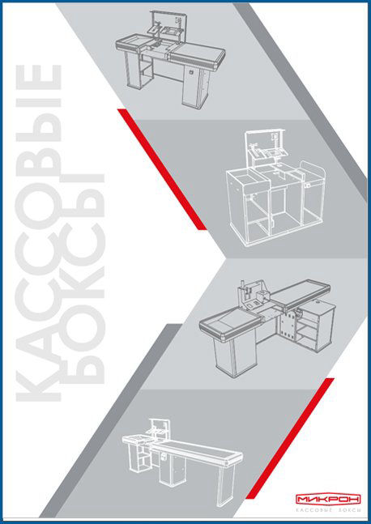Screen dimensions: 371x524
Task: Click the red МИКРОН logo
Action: click(327, 499)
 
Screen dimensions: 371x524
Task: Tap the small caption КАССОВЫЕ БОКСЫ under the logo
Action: click(328, 510)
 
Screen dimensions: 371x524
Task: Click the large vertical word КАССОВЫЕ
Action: click(38, 233)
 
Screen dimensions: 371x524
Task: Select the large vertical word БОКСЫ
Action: click(83, 279)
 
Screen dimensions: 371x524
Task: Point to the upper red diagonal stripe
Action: click(162, 169)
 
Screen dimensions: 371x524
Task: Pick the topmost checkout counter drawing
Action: click(170, 59)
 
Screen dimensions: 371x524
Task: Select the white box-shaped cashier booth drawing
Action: click(276, 188)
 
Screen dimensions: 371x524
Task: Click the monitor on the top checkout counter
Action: click(172, 32)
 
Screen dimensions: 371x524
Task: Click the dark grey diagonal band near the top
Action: click(301, 101)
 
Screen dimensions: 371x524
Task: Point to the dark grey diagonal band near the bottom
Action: click(111, 420)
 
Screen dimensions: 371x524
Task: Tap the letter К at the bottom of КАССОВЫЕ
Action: click(38, 381)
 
